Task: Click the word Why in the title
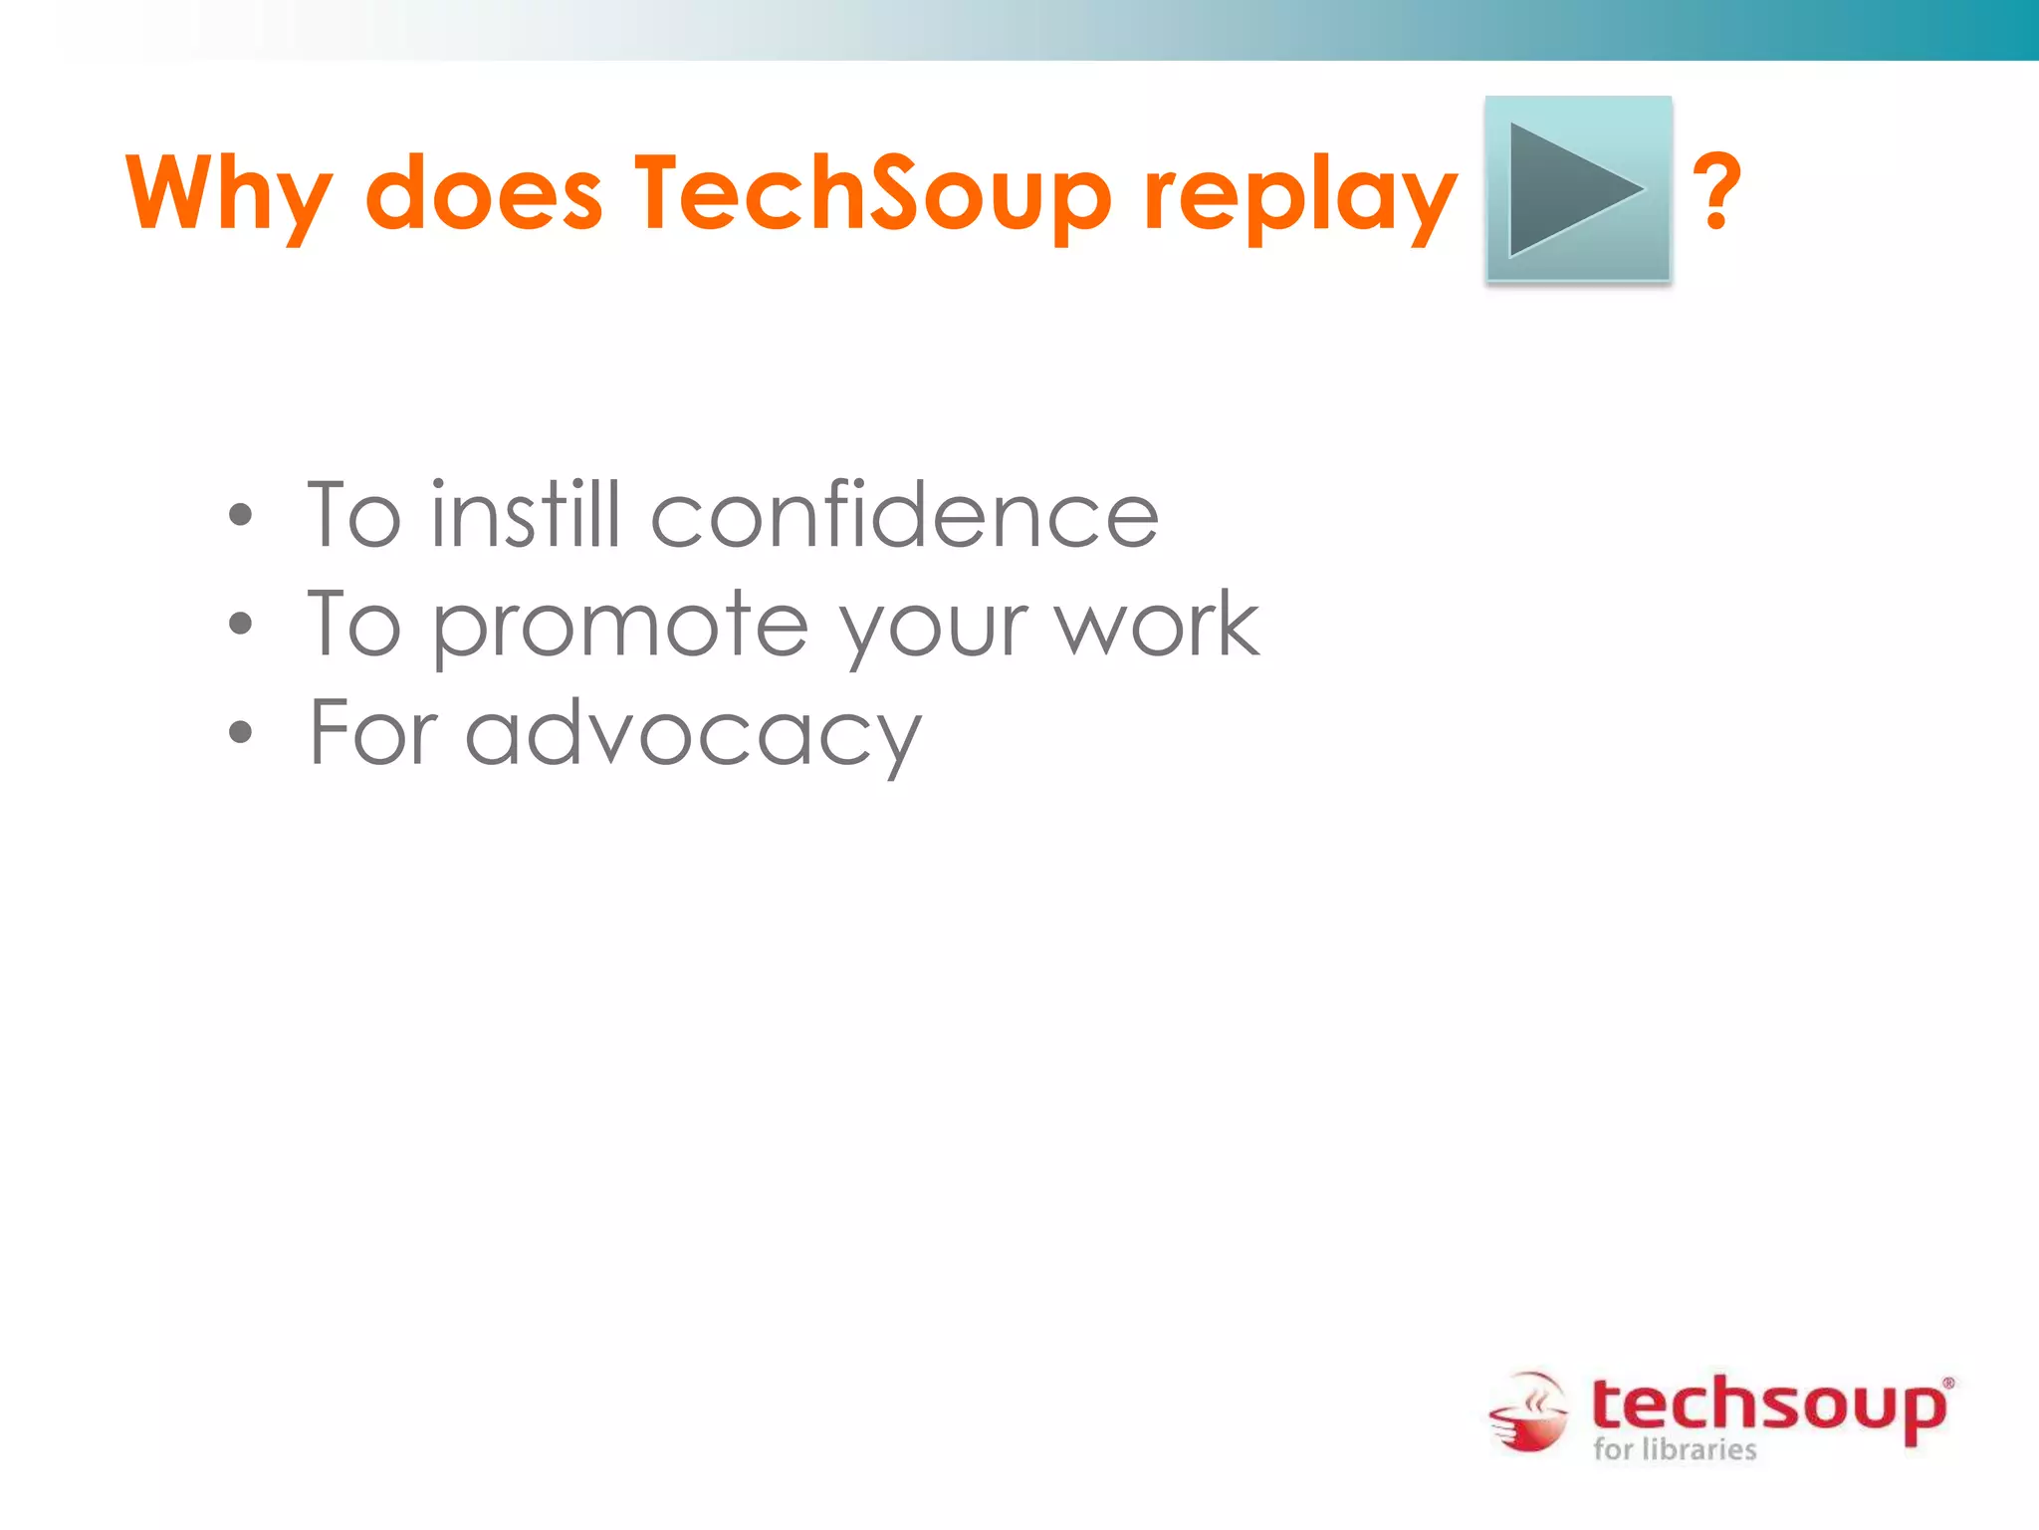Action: [228, 193]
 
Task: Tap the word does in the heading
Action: [484, 193]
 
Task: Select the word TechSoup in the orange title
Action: [872, 193]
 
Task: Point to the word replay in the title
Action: [1300, 193]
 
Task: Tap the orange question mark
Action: [1717, 191]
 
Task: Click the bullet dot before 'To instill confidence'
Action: [240, 516]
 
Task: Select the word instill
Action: [525, 514]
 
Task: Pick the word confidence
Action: [904, 514]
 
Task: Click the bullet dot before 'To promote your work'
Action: [240, 625]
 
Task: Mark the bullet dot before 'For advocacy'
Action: [240, 733]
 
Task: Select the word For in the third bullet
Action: [373, 732]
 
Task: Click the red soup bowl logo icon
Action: [1528, 1412]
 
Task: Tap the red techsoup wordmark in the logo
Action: [1767, 1405]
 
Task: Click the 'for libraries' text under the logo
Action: [1675, 1449]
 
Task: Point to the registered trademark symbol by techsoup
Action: [1947, 1383]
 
